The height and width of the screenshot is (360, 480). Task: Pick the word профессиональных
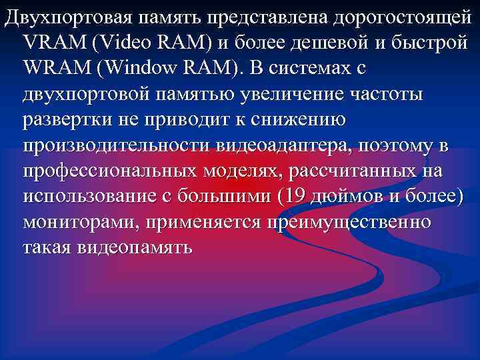tap(106, 171)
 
